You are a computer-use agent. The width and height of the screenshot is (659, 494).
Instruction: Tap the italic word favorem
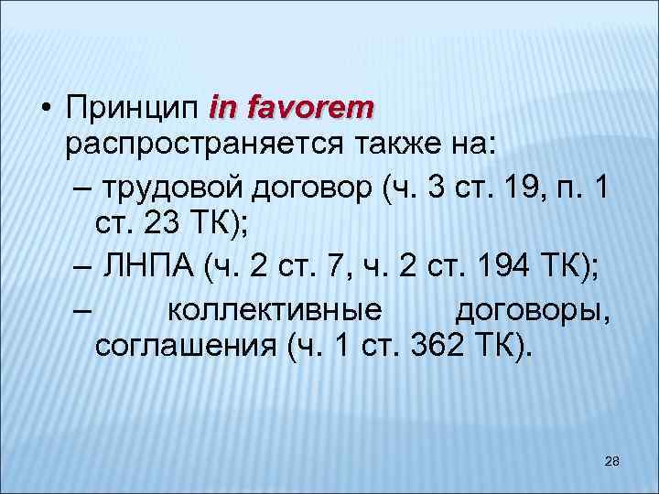click(310, 109)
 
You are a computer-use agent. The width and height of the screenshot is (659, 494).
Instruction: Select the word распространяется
click(201, 144)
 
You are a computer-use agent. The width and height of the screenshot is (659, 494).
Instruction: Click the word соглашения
click(183, 349)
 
